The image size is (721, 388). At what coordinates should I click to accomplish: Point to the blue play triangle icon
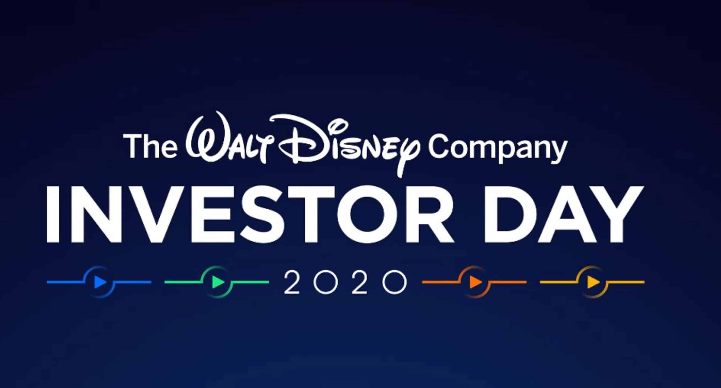pyautogui.click(x=100, y=282)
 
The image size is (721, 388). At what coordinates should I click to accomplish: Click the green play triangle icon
pyautogui.click(x=218, y=282)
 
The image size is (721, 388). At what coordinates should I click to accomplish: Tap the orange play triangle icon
pyautogui.click(x=475, y=282)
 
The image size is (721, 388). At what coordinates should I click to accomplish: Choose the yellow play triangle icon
pyautogui.click(x=594, y=282)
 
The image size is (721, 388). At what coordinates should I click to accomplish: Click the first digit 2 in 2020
pyautogui.click(x=292, y=282)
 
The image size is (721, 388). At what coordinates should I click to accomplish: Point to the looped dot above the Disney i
pyautogui.click(x=340, y=125)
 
